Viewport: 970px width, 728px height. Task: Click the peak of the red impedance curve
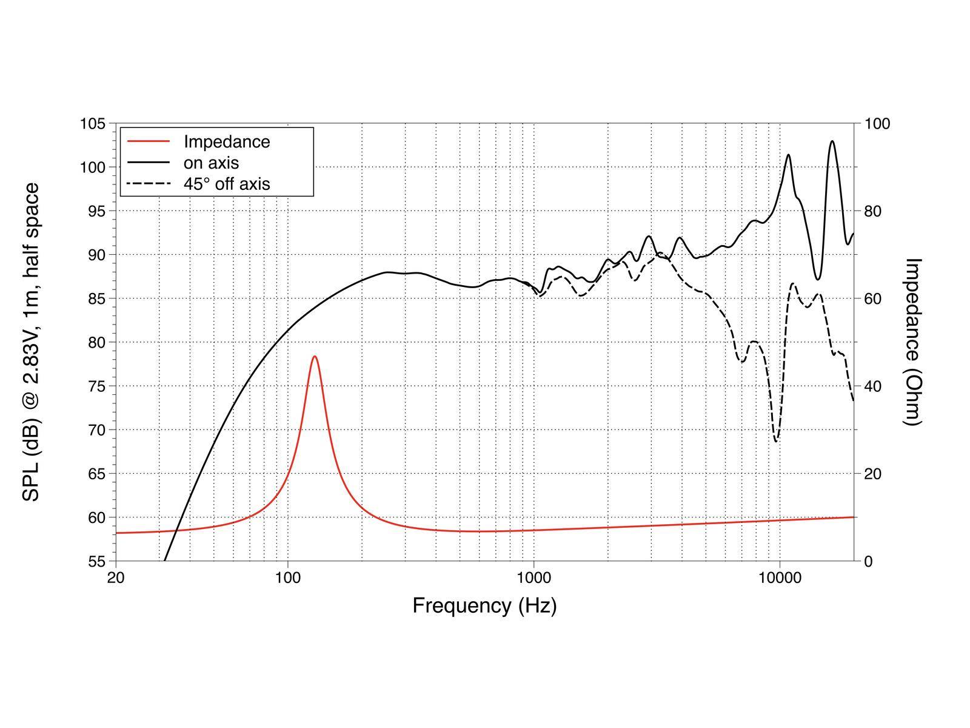pyautogui.click(x=315, y=357)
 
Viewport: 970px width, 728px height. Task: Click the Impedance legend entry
pyautogui.click(x=226, y=141)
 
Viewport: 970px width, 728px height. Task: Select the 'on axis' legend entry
pyautogui.click(x=211, y=163)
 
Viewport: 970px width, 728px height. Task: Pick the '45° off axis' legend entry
pyautogui.click(x=227, y=183)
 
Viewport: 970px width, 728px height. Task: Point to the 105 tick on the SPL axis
pyautogui.click(x=93, y=124)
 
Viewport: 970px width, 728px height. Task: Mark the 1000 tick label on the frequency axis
pyautogui.click(x=533, y=578)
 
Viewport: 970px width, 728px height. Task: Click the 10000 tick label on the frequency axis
pyautogui.click(x=780, y=578)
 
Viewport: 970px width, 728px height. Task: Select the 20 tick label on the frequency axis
pyautogui.click(x=116, y=578)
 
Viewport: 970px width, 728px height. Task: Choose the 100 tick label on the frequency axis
pyautogui.click(x=287, y=578)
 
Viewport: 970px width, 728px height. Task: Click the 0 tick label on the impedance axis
pyautogui.click(x=868, y=561)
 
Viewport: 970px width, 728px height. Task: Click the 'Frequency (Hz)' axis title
pyautogui.click(x=484, y=605)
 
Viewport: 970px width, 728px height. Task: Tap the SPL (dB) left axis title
pyautogui.click(x=32, y=342)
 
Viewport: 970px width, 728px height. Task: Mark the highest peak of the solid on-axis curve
pyautogui.click(x=832, y=141)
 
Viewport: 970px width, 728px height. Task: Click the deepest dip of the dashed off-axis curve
pyautogui.click(x=776, y=441)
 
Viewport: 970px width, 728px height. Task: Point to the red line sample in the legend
pyautogui.click(x=148, y=141)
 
